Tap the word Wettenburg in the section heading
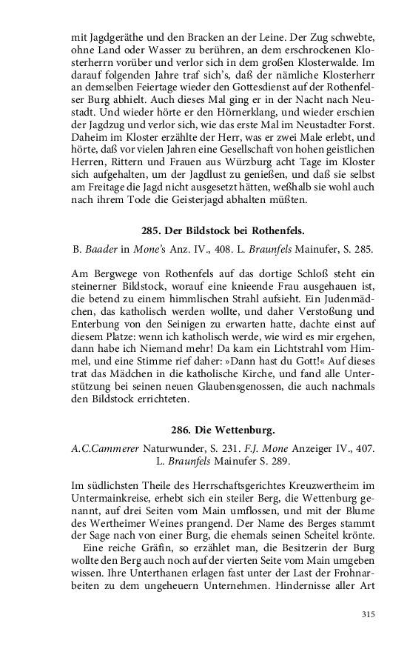point(244,429)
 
